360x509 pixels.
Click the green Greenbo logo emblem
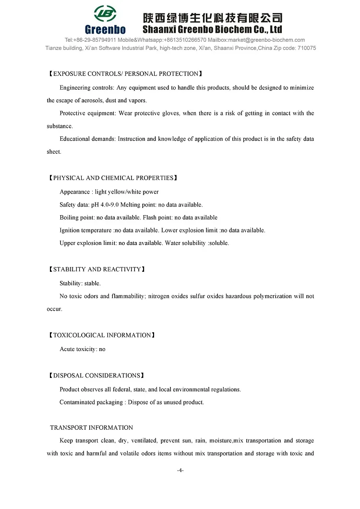click(105, 14)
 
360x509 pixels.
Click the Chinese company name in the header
click(213, 18)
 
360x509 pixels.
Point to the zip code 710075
click(305, 48)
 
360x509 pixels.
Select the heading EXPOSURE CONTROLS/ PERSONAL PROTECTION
click(125, 74)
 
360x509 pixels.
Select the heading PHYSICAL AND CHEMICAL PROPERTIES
click(113, 178)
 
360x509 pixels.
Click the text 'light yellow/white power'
click(127, 192)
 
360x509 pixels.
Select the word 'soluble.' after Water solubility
click(219, 243)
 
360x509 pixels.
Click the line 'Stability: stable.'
click(80, 283)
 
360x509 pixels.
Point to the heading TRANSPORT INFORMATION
click(92, 427)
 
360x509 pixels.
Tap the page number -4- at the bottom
click(180, 470)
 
